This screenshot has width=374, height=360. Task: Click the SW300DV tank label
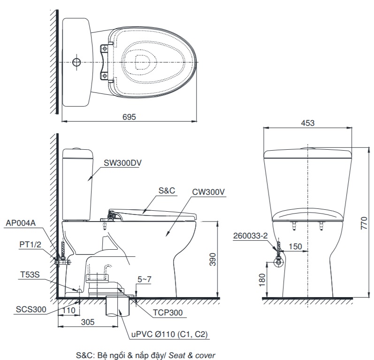pos(123,163)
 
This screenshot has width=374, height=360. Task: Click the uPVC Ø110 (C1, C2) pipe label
pos(170,334)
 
